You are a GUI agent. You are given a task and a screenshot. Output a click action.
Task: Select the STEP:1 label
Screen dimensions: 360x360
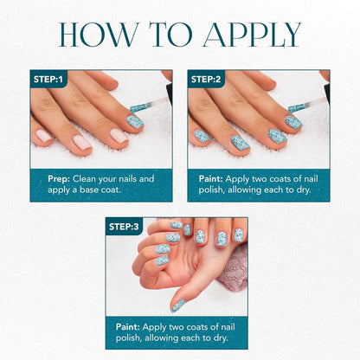click(48, 79)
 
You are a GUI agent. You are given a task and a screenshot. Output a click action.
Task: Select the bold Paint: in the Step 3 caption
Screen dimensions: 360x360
click(131, 327)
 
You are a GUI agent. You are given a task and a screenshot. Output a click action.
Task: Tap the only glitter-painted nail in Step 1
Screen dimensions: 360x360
click(135, 120)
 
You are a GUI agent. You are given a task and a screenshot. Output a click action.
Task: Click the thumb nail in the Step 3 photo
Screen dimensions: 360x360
click(177, 305)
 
